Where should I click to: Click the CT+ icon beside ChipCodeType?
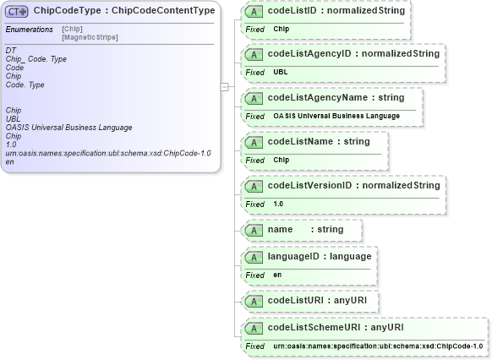pos(17,11)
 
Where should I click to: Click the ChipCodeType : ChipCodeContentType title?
pos(123,11)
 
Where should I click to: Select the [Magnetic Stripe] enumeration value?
pos(90,37)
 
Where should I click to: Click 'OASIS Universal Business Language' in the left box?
pos(68,128)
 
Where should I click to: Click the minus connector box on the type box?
pos(224,85)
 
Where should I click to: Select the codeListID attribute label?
pos(336,10)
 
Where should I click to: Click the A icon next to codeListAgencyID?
pos(253,54)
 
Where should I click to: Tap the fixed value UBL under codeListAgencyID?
pos(281,72)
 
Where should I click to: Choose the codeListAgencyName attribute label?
pos(336,97)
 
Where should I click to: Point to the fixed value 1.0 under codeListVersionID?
pos(279,204)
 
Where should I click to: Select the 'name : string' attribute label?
pos(304,229)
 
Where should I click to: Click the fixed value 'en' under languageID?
pos(277,275)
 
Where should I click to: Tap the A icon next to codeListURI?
pos(253,300)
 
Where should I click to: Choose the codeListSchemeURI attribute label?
pos(335,327)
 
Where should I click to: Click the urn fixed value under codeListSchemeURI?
pos(378,346)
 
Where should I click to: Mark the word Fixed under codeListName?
pos(254,160)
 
